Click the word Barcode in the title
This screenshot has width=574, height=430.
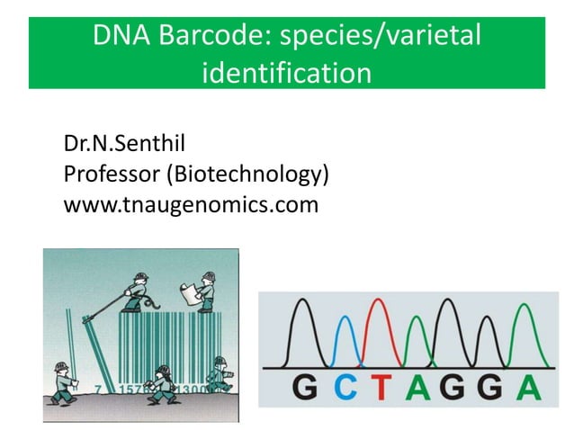click(x=211, y=38)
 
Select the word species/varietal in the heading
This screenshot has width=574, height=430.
click(x=382, y=38)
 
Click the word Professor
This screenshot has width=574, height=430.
click(x=110, y=173)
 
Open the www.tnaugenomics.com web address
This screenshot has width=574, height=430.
click(x=191, y=205)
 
